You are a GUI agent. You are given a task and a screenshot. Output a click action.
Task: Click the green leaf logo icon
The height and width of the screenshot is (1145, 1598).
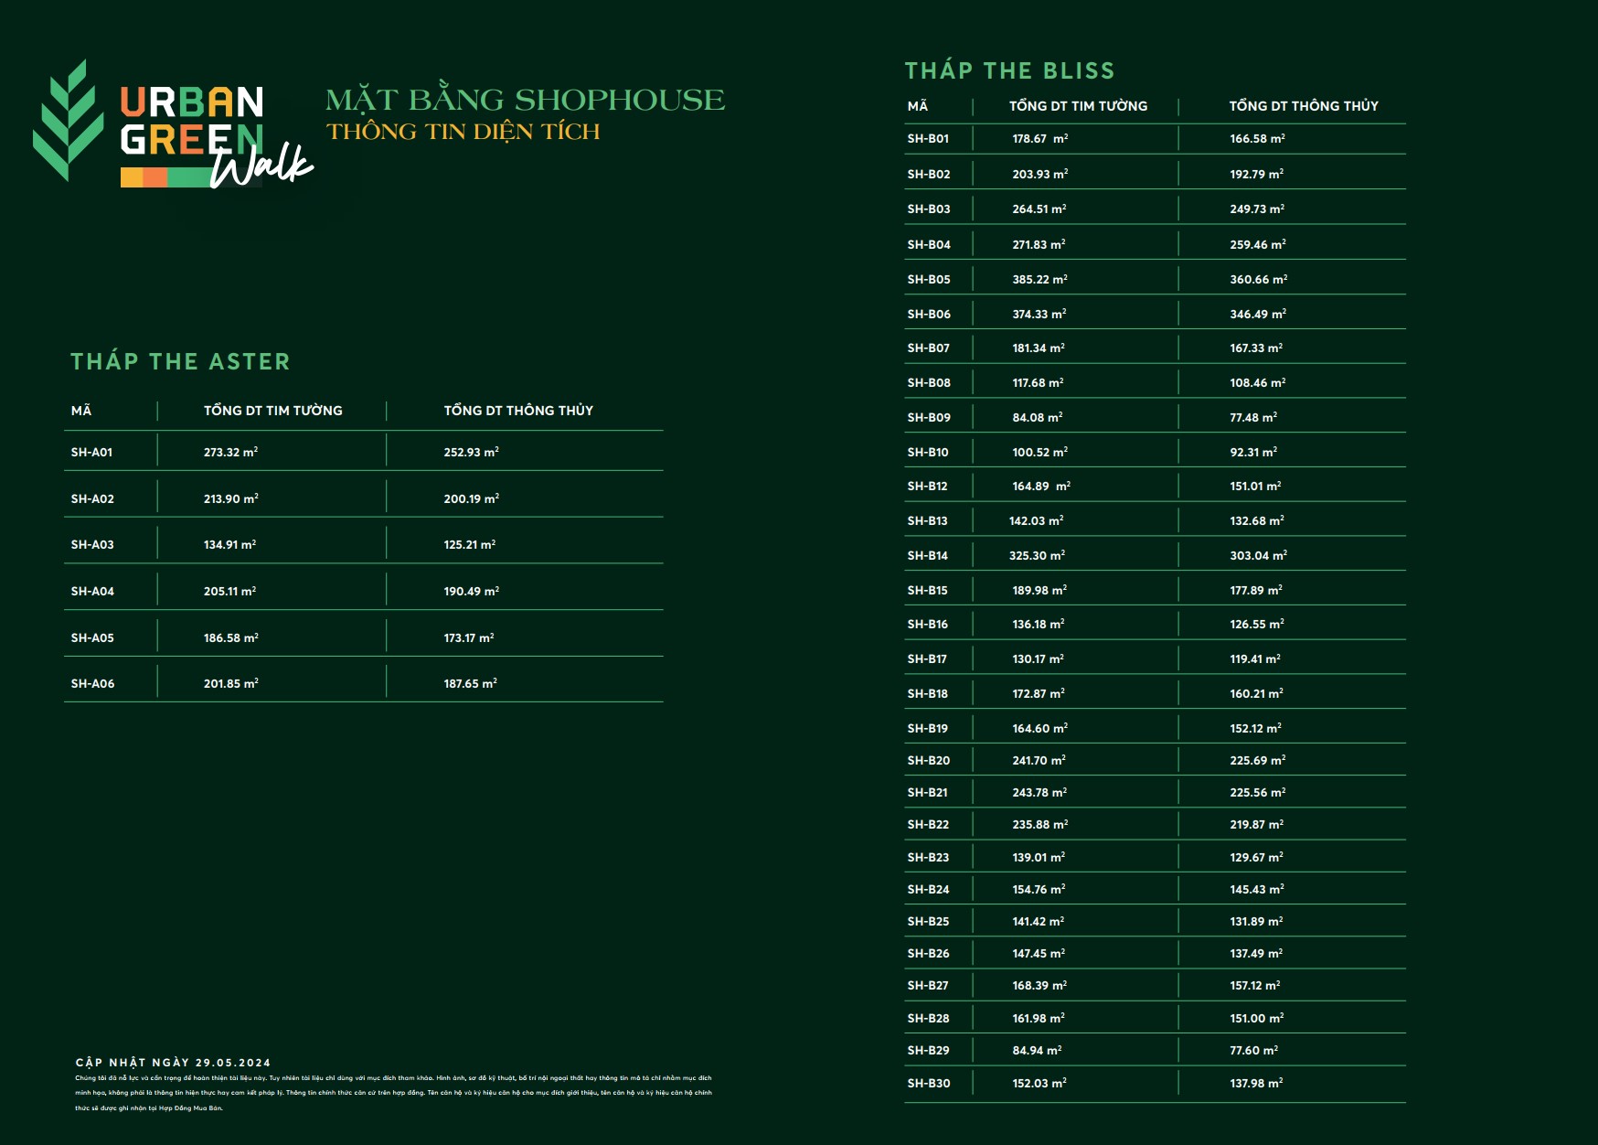pyautogui.click(x=69, y=122)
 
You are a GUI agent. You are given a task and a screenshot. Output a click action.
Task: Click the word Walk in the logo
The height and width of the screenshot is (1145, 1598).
pyautogui.click(x=261, y=166)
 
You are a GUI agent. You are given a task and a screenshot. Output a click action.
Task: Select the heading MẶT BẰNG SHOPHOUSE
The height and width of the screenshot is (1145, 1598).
pyautogui.click(x=525, y=100)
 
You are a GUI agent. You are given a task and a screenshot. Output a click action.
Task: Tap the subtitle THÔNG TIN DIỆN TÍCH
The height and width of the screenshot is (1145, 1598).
pyautogui.click(x=463, y=132)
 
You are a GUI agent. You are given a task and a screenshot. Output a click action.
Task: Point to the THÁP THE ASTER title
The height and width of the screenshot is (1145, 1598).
pyautogui.click(x=180, y=361)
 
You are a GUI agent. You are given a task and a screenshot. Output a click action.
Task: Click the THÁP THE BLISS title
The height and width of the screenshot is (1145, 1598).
pyautogui.click(x=1009, y=70)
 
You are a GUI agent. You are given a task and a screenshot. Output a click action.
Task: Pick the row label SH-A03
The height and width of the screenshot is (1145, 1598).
pyautogui.click(x=92, y=544)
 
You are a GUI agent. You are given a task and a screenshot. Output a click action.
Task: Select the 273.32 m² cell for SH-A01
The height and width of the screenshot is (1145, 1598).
pyautogui.click(x=230, y=452)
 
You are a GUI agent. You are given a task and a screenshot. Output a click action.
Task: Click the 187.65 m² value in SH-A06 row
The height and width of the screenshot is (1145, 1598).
pyautogui.click(x=470, y=683)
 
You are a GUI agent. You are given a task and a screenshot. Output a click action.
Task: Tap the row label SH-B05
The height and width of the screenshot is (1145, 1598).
pyautogui.click(x=928, y=279)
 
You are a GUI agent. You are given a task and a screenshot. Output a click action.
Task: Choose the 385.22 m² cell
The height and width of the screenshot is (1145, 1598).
pyautogui.click(x=1039, y=279)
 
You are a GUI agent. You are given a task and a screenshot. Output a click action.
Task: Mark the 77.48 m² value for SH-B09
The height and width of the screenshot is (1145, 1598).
pyautogui.click(x=1252, y=417)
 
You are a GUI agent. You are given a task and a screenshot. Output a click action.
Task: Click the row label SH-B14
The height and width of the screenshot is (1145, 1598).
pyautogui.click(x=927, y=555)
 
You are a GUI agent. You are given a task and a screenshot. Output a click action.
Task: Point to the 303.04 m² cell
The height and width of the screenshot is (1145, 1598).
pyautogui.click(x=1258, y=555)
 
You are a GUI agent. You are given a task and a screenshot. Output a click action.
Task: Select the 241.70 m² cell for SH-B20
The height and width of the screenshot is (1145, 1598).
pyautogui.click(x=1039, y=760)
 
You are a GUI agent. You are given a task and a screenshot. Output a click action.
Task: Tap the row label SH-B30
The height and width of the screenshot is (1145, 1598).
pyautogui.click(x=928, y=1083)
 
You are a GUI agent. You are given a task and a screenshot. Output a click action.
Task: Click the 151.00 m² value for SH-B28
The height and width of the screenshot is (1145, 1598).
pyautogui.click(x=1256, y=1018)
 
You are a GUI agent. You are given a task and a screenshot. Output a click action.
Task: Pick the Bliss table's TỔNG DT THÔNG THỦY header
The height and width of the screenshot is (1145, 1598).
pyautogui.click(x=1303, y=106)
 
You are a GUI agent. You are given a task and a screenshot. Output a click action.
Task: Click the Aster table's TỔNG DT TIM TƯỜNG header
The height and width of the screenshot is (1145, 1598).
pyautogui.click(x=272, y=411)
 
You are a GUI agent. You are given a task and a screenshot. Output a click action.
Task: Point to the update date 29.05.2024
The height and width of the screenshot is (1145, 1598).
pyautogui.click(x=232, y=1063)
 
